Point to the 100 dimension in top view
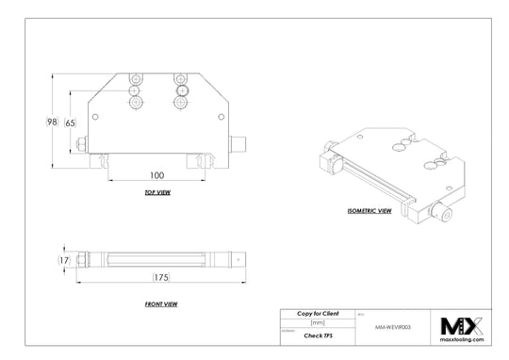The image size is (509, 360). click(156, 175)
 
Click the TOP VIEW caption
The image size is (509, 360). click(156, 192)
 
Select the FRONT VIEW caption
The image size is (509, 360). click(162, 304)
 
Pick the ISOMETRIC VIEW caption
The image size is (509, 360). click(369, 212)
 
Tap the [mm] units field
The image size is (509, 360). click(317, 322)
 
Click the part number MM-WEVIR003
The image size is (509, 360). click(393, 323)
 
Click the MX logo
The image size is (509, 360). click(462, 326)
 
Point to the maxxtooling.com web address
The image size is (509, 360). click(462, 340)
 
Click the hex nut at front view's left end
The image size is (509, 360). click(85, 259)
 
